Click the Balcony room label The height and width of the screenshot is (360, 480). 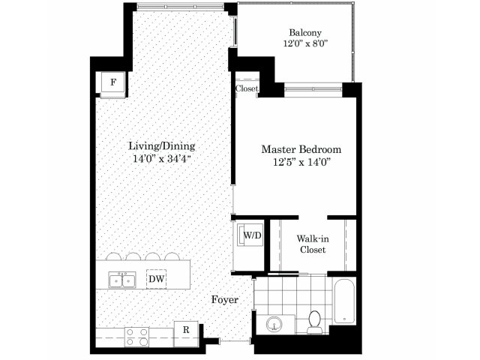[305, 33]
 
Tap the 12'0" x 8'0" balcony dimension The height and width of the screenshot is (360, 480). [305, 43]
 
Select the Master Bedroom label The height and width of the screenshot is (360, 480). [301, 149]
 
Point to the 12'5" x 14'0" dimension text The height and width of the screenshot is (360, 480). [301, 162]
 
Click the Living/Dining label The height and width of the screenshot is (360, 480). [162, 146]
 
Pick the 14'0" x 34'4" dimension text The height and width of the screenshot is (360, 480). [162, 159]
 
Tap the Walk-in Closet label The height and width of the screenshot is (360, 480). [313, 244]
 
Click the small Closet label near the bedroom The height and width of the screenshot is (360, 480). [247, 88]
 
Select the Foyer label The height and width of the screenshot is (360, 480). [225, 300]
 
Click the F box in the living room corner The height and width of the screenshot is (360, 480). [113, 82]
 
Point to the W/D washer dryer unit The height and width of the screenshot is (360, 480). [250, 235]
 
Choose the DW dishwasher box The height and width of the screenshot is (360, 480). [157, 279]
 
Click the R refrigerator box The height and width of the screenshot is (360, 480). [186, 330]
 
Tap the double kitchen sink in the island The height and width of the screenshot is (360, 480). [122, 280]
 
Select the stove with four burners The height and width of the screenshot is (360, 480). [136, 337]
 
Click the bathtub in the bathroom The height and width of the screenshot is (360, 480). [344, 301]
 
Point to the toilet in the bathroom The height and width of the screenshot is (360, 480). [314, 322]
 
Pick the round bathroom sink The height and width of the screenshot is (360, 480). [274, 324]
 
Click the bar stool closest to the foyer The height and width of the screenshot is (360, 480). [172, 256]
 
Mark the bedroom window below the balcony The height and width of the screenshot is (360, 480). [313, 89]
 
